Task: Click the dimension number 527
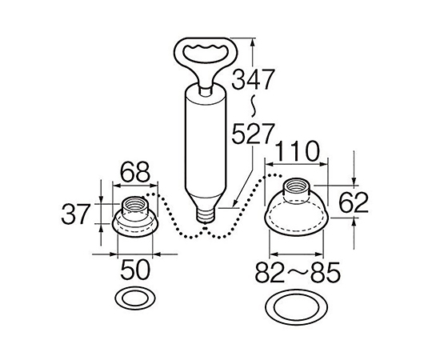point(253,134)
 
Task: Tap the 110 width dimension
point(297,151)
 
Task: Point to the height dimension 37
point(76,214)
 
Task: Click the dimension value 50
point(135,270)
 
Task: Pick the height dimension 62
point(354,202)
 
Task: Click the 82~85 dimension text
point(298,273)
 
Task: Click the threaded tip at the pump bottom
point(206,215)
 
